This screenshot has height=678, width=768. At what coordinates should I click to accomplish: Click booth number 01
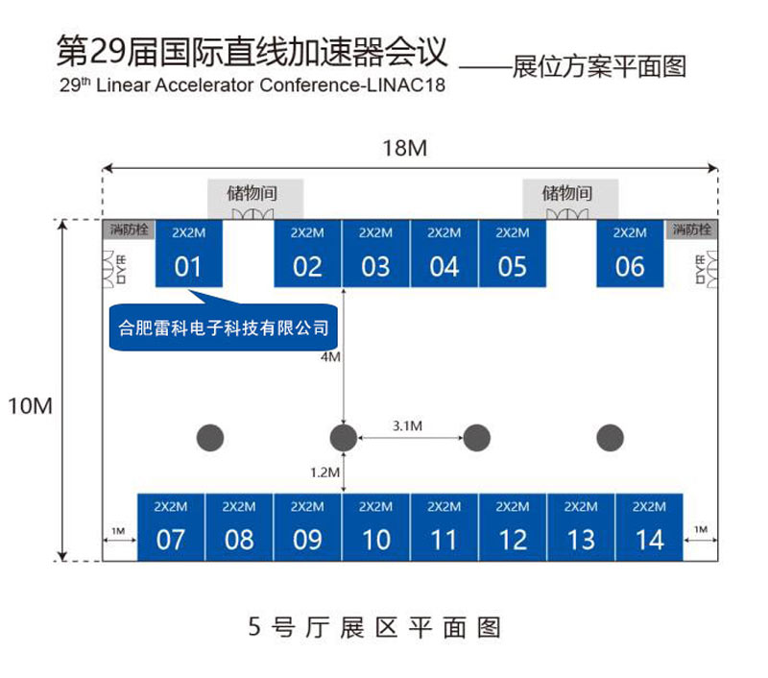click(189, 254)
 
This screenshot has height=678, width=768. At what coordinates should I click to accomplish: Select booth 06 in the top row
click(630, 254)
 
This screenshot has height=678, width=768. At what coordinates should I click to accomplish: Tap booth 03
click(375, 254)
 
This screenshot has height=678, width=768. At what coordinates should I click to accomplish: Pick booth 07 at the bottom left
click(170, 527)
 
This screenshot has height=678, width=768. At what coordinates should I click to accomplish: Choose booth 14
click(649, 527)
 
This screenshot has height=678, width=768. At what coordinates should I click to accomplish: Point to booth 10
click(375, 527)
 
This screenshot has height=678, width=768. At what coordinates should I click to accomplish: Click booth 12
click(513, 527)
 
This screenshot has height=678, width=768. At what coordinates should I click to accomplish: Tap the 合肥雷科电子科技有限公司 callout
click(223, 327)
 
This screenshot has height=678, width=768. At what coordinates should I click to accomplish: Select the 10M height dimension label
click(30, 406)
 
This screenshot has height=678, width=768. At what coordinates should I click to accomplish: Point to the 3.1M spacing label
click(409, 424)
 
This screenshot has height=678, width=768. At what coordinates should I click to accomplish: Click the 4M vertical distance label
click(330, 357)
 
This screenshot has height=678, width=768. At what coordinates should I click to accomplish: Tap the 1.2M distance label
click(325, 472)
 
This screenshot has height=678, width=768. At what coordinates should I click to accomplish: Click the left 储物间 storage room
click(254, 196)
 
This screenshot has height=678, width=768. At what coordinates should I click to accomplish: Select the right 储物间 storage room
click(568, 196)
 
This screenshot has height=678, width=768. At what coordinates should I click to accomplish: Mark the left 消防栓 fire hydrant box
click(128, 230)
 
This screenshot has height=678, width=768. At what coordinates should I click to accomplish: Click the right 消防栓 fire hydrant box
click(692, 230)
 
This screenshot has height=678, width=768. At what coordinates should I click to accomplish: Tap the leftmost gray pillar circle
click(210, 438)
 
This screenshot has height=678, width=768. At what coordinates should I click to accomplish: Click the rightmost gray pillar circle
click(610, 438)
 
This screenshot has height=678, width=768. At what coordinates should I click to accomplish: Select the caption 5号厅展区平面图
click(374, 628)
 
